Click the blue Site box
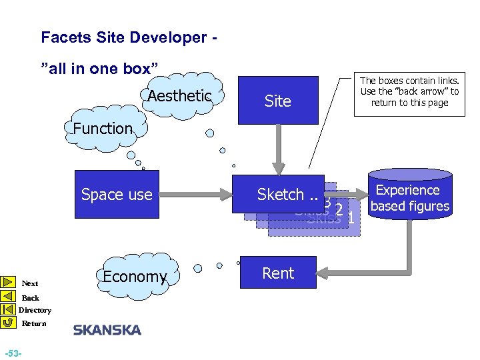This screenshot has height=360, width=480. pos(277,101)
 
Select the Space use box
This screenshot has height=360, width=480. pos(117,195)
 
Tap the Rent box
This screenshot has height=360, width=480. pos(277,273)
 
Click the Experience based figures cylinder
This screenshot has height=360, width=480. pos(410,198)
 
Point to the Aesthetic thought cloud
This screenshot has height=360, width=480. pos(179,96)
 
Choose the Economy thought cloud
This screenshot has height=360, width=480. pos(134,277)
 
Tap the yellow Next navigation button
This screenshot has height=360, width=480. pos(9,283)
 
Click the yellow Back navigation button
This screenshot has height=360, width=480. pos(9,296)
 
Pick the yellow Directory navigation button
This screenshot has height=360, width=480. pos(9,309)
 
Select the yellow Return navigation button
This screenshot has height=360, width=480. pos(9,323)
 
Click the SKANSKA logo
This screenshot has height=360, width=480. pos(107,330)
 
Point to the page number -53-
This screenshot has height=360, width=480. pos(13,352)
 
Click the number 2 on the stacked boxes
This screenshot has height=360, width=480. pos(339,211)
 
